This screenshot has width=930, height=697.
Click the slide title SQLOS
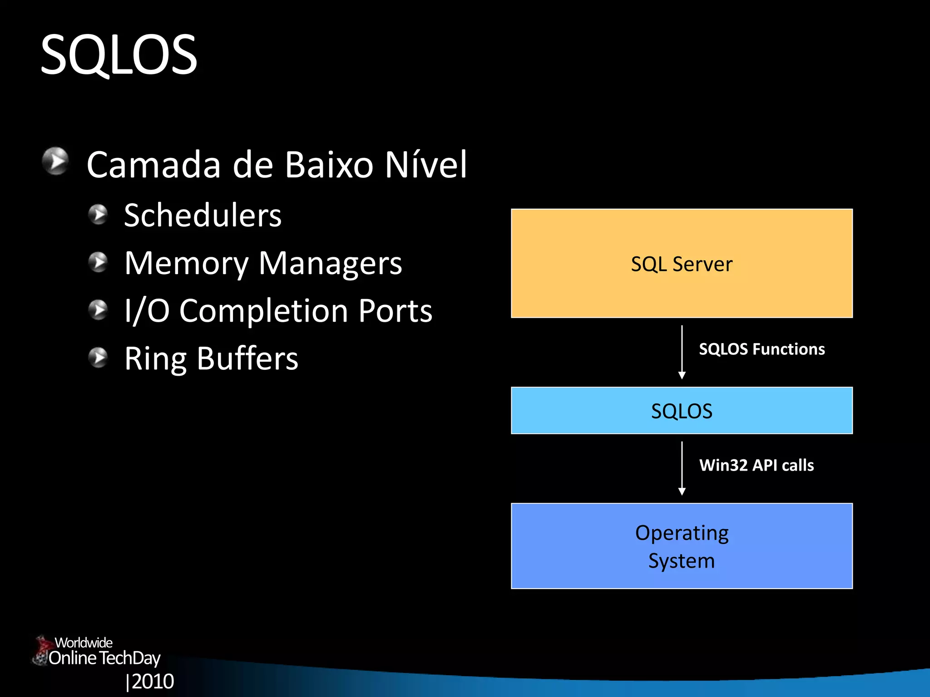click(x=119, y=55)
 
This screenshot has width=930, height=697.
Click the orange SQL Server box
click(x=681, y=263)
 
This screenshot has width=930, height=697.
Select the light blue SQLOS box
click(x=681, y=411)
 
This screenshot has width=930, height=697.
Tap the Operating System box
click(x=681, y=546)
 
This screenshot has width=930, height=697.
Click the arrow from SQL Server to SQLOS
click(x=682, y=352)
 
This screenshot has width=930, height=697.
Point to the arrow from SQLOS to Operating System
click(x=682, y=468)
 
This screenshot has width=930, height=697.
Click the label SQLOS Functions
click(x=762, y=349)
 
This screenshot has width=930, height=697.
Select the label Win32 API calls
click(x=756, y=465)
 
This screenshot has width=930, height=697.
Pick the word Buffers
click(x=247, y=358)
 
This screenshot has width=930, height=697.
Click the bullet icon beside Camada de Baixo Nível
click(x=55, y=161)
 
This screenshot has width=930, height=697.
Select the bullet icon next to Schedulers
click(x=98, y=214)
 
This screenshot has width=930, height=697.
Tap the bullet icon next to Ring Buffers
click(x=98, y=358)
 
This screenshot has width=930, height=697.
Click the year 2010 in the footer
click(x=153, y=681)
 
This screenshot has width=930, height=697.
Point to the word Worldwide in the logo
click(x=84, y=643)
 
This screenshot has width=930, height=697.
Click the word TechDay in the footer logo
click(x=130, y=658)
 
